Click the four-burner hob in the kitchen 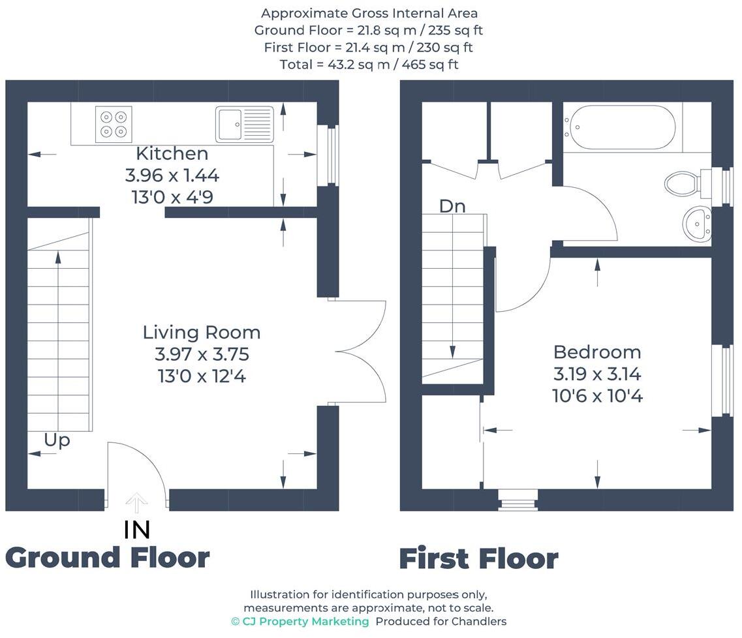(113, 124)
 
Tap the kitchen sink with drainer (244, 123)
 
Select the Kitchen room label (172, 153)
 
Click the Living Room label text (202, 332)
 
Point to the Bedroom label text (597, 352)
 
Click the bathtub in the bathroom (619, 127)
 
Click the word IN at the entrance (137, 530)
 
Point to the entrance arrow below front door (137, 503)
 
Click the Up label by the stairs (57, 440)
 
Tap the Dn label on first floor (452, 206)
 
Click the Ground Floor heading (108, 558)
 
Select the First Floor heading (478, 560)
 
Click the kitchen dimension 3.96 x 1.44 (172, 175)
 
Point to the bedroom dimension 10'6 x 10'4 (597, 396)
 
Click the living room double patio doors (359, 352)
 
